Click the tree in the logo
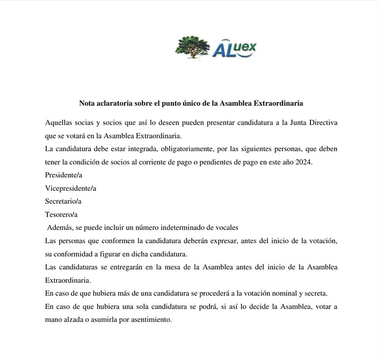[192, 46]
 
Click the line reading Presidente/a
[64, 175]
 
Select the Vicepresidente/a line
[70, 188]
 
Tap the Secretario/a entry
[63, 201]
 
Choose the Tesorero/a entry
[61, 214]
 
